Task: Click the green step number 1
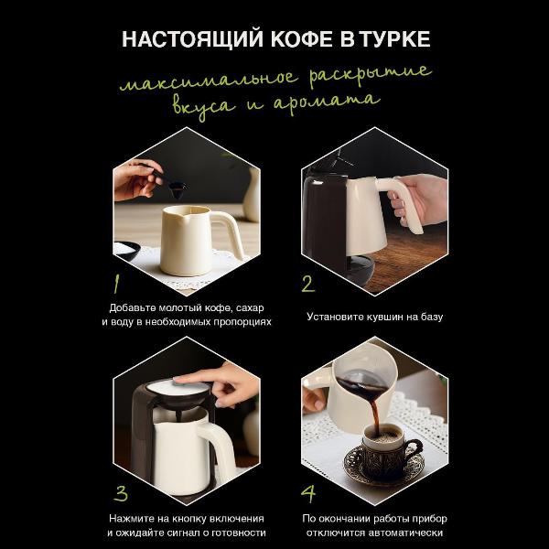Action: (x=118, y=280)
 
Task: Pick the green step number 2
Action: (x=307, y=283)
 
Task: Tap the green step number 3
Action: (x=120, y=492)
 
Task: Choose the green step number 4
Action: (x=308, y=493)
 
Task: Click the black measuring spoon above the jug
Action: (x=173, y=188)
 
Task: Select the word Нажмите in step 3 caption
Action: (x=134, y=518)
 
